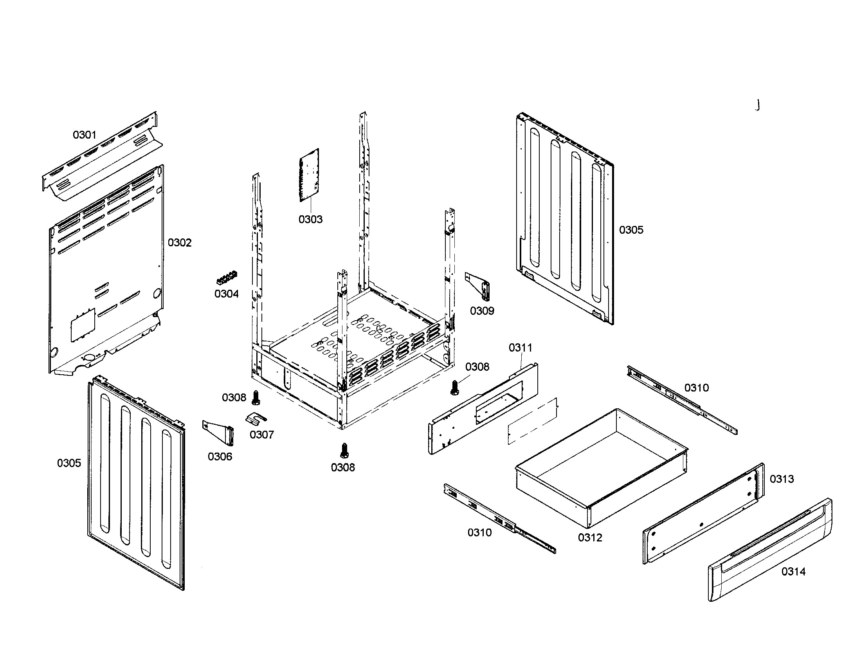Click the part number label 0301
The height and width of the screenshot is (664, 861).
[x=85, y=135]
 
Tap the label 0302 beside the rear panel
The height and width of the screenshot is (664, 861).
[x=179, y=242]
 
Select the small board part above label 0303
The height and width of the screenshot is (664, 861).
[x=310, y=175]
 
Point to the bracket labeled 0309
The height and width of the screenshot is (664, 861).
[x=479, y=285]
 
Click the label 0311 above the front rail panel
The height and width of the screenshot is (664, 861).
[x=520, y=348]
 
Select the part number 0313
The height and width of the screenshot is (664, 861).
[x=782, y=479]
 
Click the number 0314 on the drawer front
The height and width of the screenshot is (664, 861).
[x=793, y=571]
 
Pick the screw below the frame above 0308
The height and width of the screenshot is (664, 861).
[x=344, y=450]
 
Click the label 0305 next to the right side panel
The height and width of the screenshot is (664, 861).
[x=631, y=230]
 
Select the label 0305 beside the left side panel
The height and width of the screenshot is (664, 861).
[x=69, y=463]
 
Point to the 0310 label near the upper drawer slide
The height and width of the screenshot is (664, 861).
[x=696, y=388]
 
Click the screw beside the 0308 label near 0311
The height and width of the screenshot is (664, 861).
[x=454, y=387]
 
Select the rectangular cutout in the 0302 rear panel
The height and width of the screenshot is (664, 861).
[x=83, y=325]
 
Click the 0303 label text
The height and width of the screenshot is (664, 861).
[x=310, y=219]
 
